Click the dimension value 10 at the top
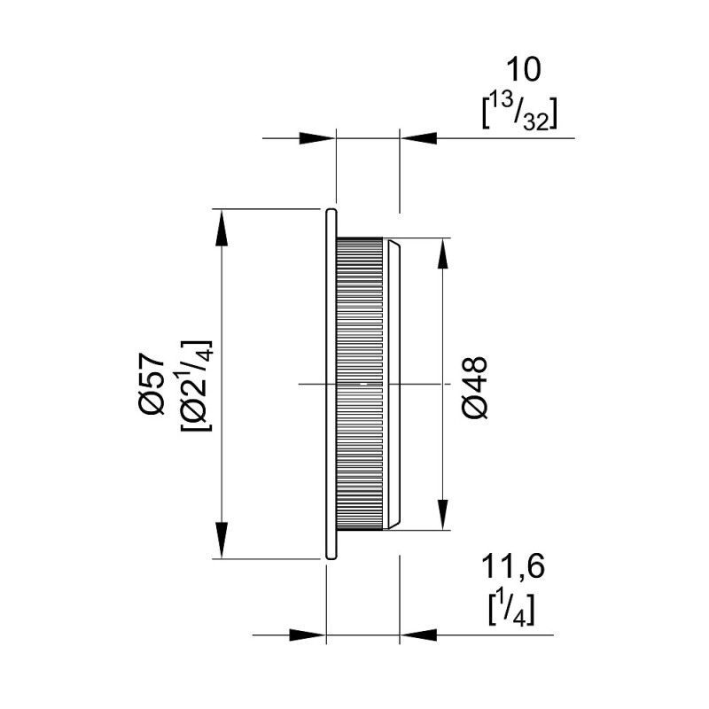(523, 70)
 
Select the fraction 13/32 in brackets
(519, 114)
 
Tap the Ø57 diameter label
(152, 384)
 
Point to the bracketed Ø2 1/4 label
(196, 386)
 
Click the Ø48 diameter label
(475, 387)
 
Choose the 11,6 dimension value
(513, 567)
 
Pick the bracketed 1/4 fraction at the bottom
(512, 610)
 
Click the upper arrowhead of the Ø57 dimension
(221, 228)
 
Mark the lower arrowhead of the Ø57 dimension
(221, 541)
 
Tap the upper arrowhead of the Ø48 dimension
(443, 256)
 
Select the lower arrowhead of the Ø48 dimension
(443, 511)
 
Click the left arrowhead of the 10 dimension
(317, 138)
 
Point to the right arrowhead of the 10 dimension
(418, 138)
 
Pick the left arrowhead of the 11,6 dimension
(308, 635)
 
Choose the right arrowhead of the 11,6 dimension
(418, 635)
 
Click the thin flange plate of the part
(331, 384)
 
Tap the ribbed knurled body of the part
(360, 384)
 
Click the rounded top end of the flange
(331, 211)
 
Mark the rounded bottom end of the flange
(331, 557)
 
